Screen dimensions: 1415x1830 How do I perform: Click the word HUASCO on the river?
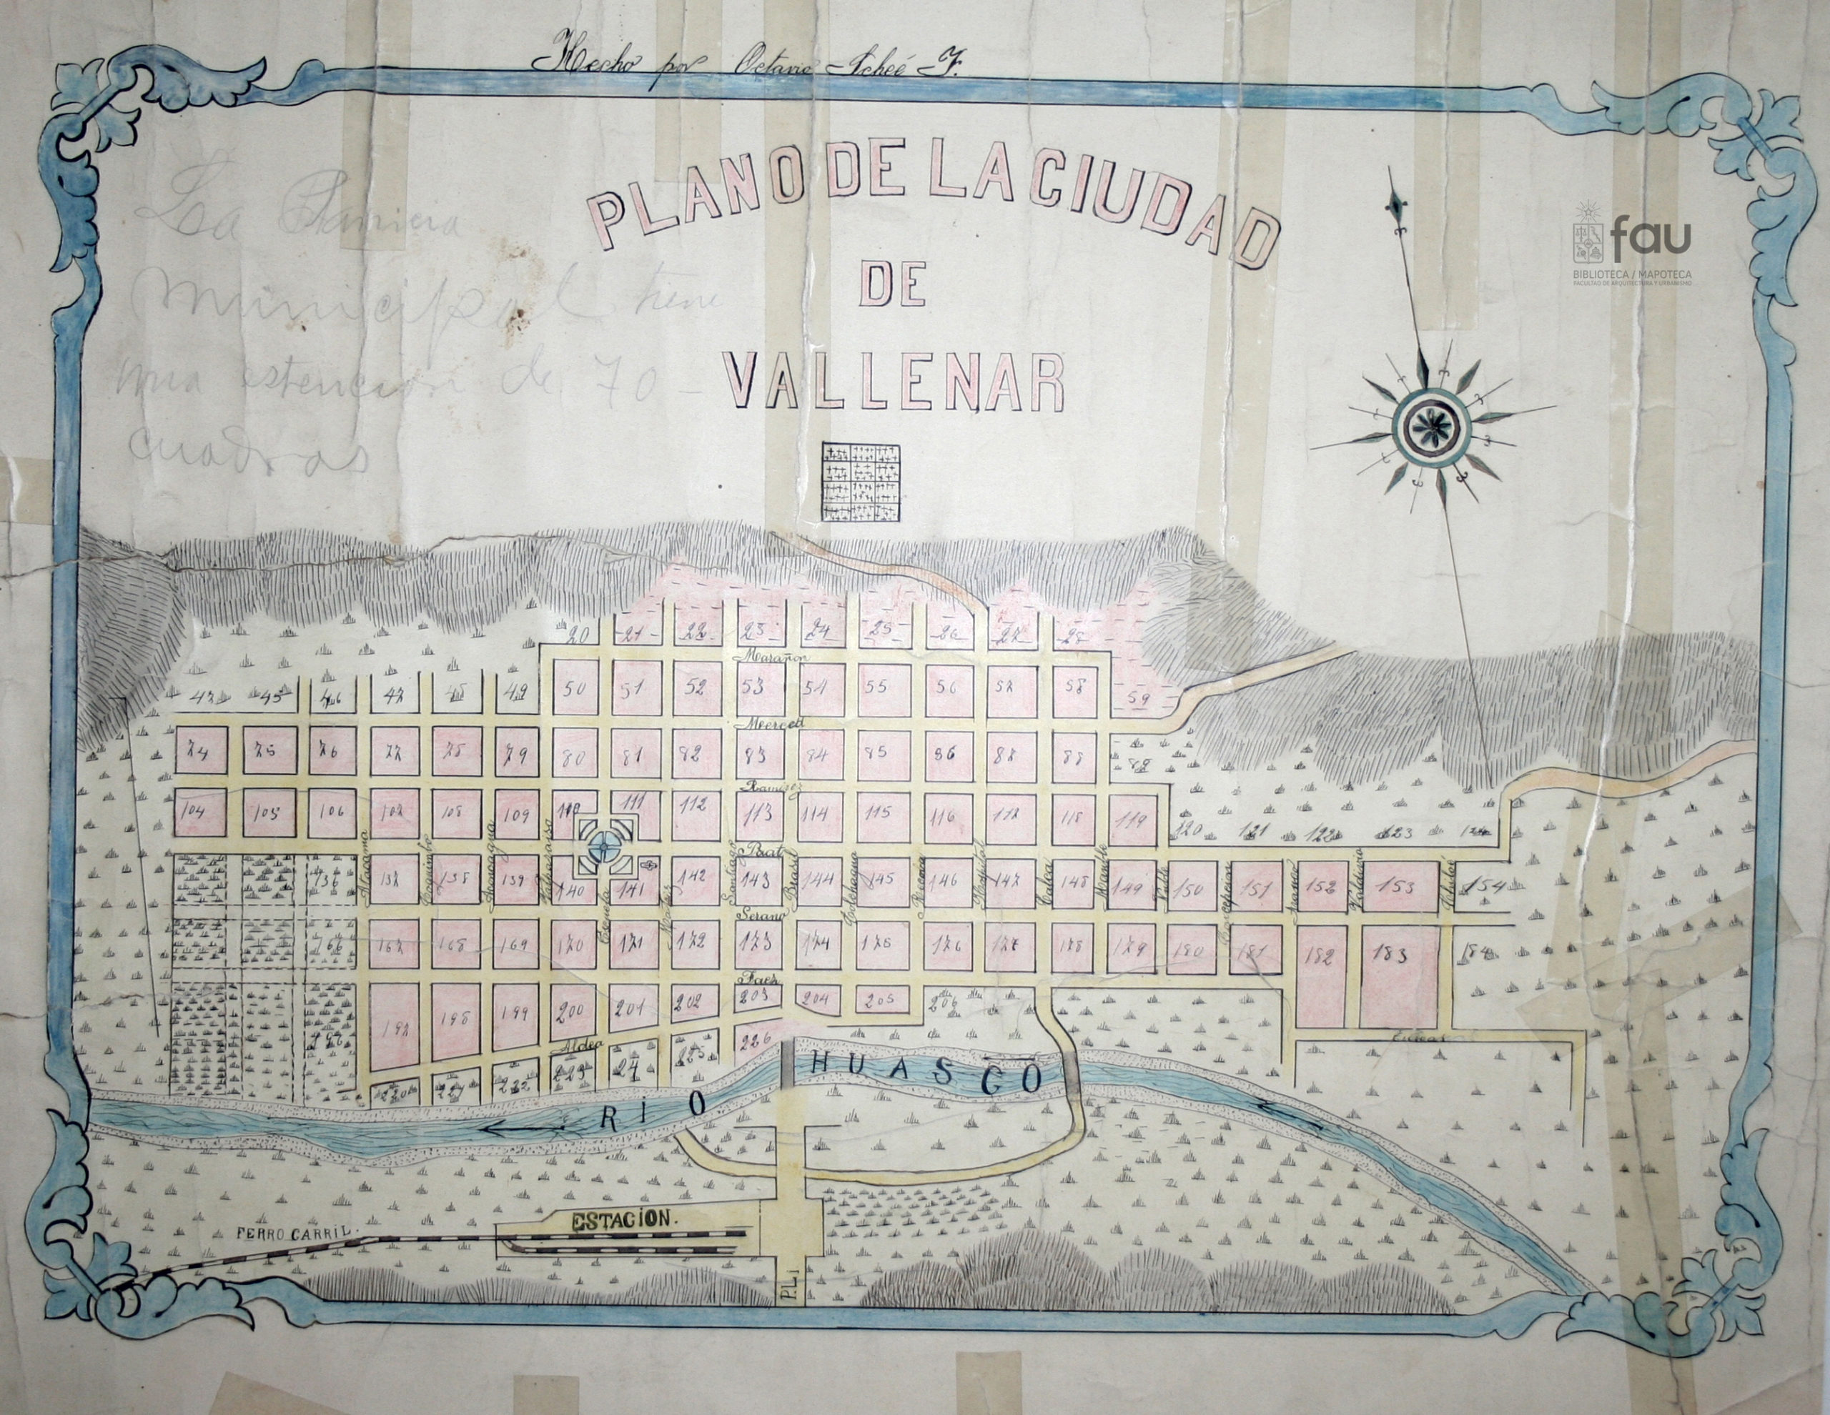(x=926, y=1073)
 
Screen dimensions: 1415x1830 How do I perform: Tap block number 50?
(x=575, y=690)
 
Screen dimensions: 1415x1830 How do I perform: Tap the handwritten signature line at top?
(x=746, y=65)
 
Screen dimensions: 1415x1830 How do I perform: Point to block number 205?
(x=881, y=1000)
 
